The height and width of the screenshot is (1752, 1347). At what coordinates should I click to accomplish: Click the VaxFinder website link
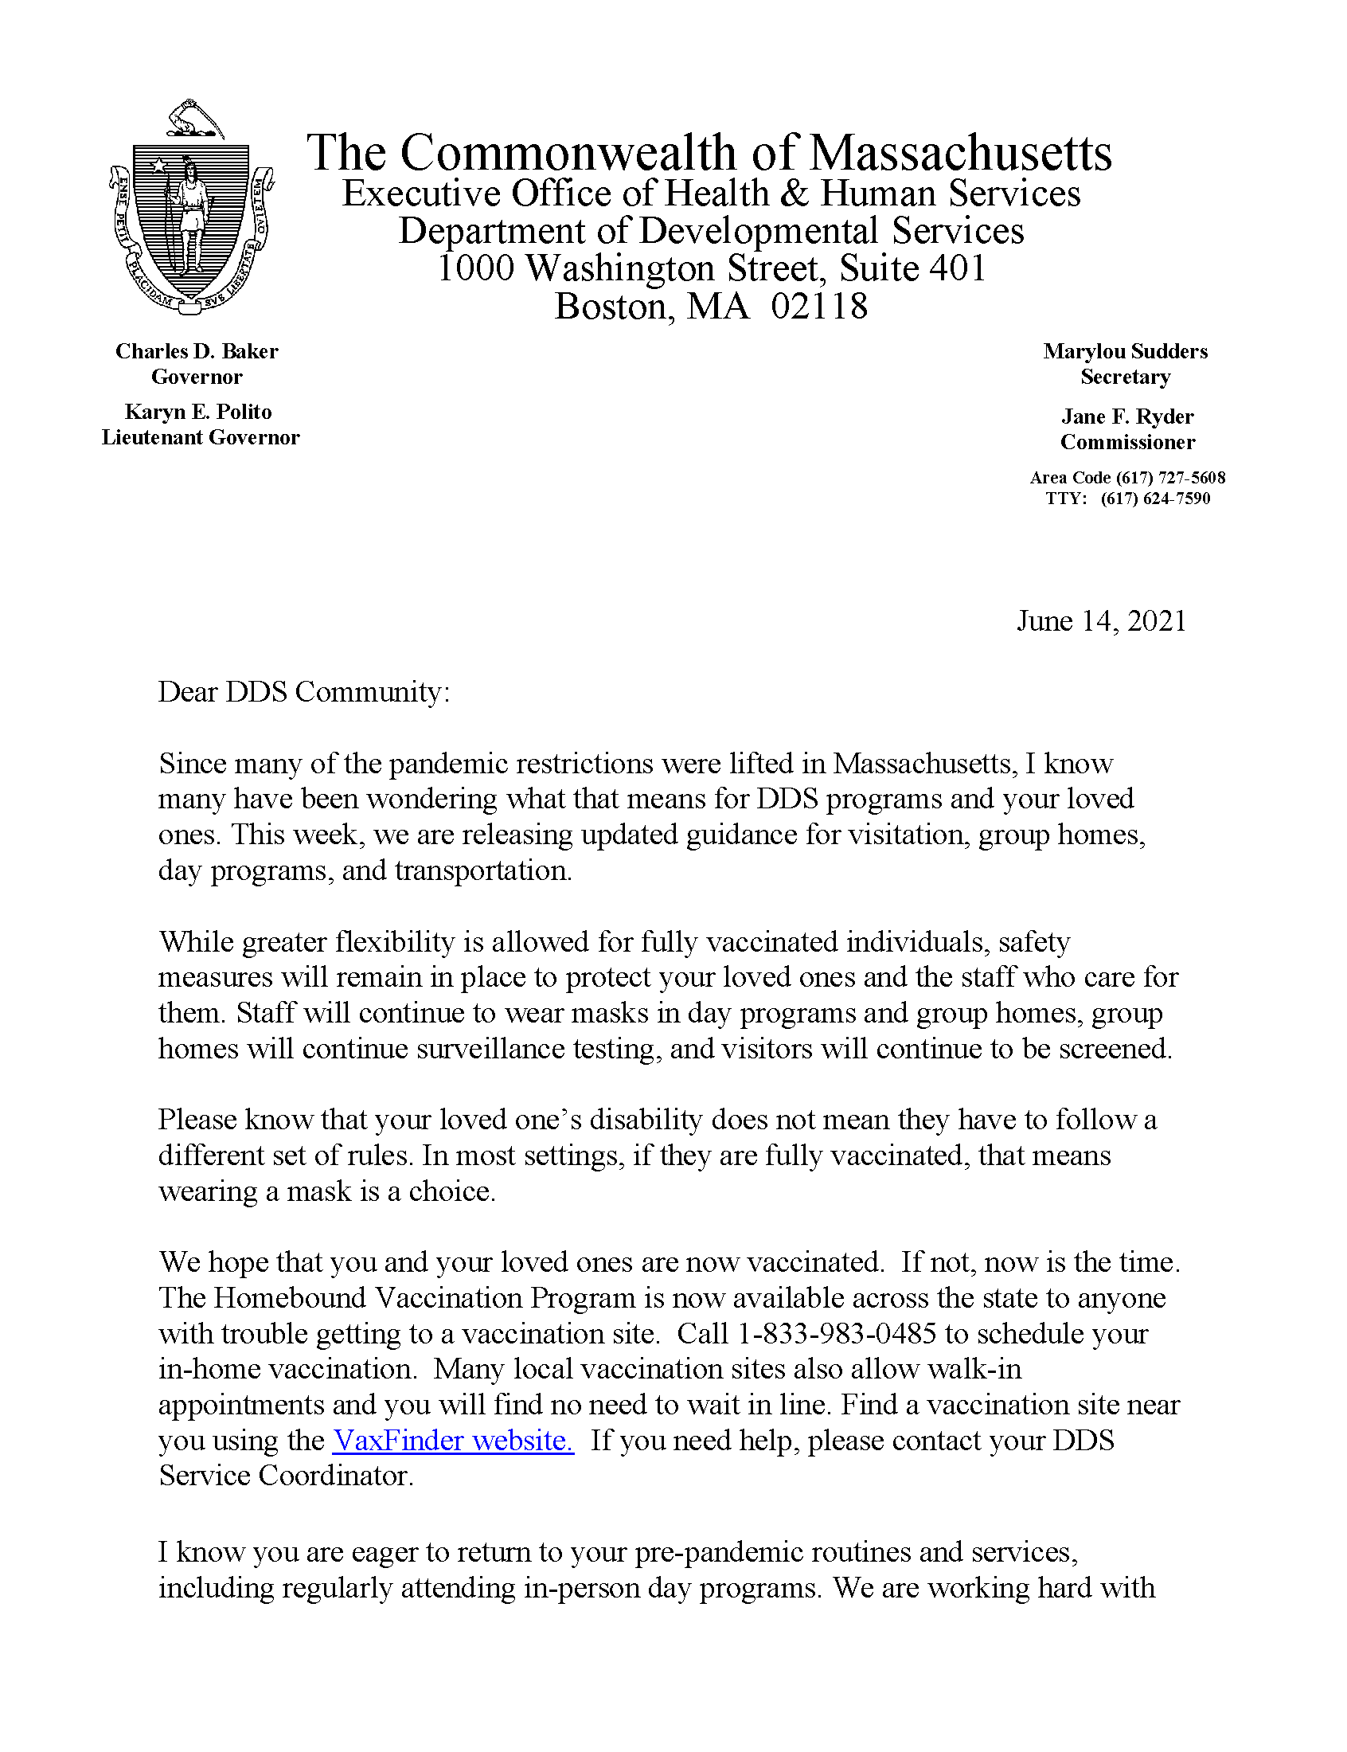pyautogui.click(x=453, y=1441)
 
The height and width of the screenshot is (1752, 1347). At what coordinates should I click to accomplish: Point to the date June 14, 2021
pyautogui.click(x=1101, y=621)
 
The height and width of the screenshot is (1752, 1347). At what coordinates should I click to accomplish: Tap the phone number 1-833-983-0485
pyautogui.click(x=836, y=1333)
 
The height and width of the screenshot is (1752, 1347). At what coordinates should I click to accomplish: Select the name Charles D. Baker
pyautogui.click(x=197, y=351)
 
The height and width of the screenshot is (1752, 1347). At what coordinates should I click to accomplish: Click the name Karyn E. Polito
pyautogui.click(x=198, y=413)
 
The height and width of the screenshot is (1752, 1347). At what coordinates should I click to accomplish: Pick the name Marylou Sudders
pyautogui.click(x=1125, y=351)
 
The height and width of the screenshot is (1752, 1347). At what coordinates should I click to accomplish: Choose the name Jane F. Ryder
pyautogui.click(x=1127, y=417)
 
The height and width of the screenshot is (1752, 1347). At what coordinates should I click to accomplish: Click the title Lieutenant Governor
pyautogui.click(x=201, y=438)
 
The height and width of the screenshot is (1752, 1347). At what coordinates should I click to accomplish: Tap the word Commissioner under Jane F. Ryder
pyautogui.click(x=1127, y=443)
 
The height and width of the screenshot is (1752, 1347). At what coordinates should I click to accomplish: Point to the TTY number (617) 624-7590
pyautogui.click(x=1154, y=499)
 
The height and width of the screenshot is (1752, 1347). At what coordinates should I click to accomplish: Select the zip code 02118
pyautogui.click(x=819, y=307)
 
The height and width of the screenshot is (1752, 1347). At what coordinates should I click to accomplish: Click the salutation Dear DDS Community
pyautogui.click(x=304, y=692)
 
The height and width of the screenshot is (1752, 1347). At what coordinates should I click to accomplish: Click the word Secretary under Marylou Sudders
pyautogui.click(x=1125, y=377)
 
